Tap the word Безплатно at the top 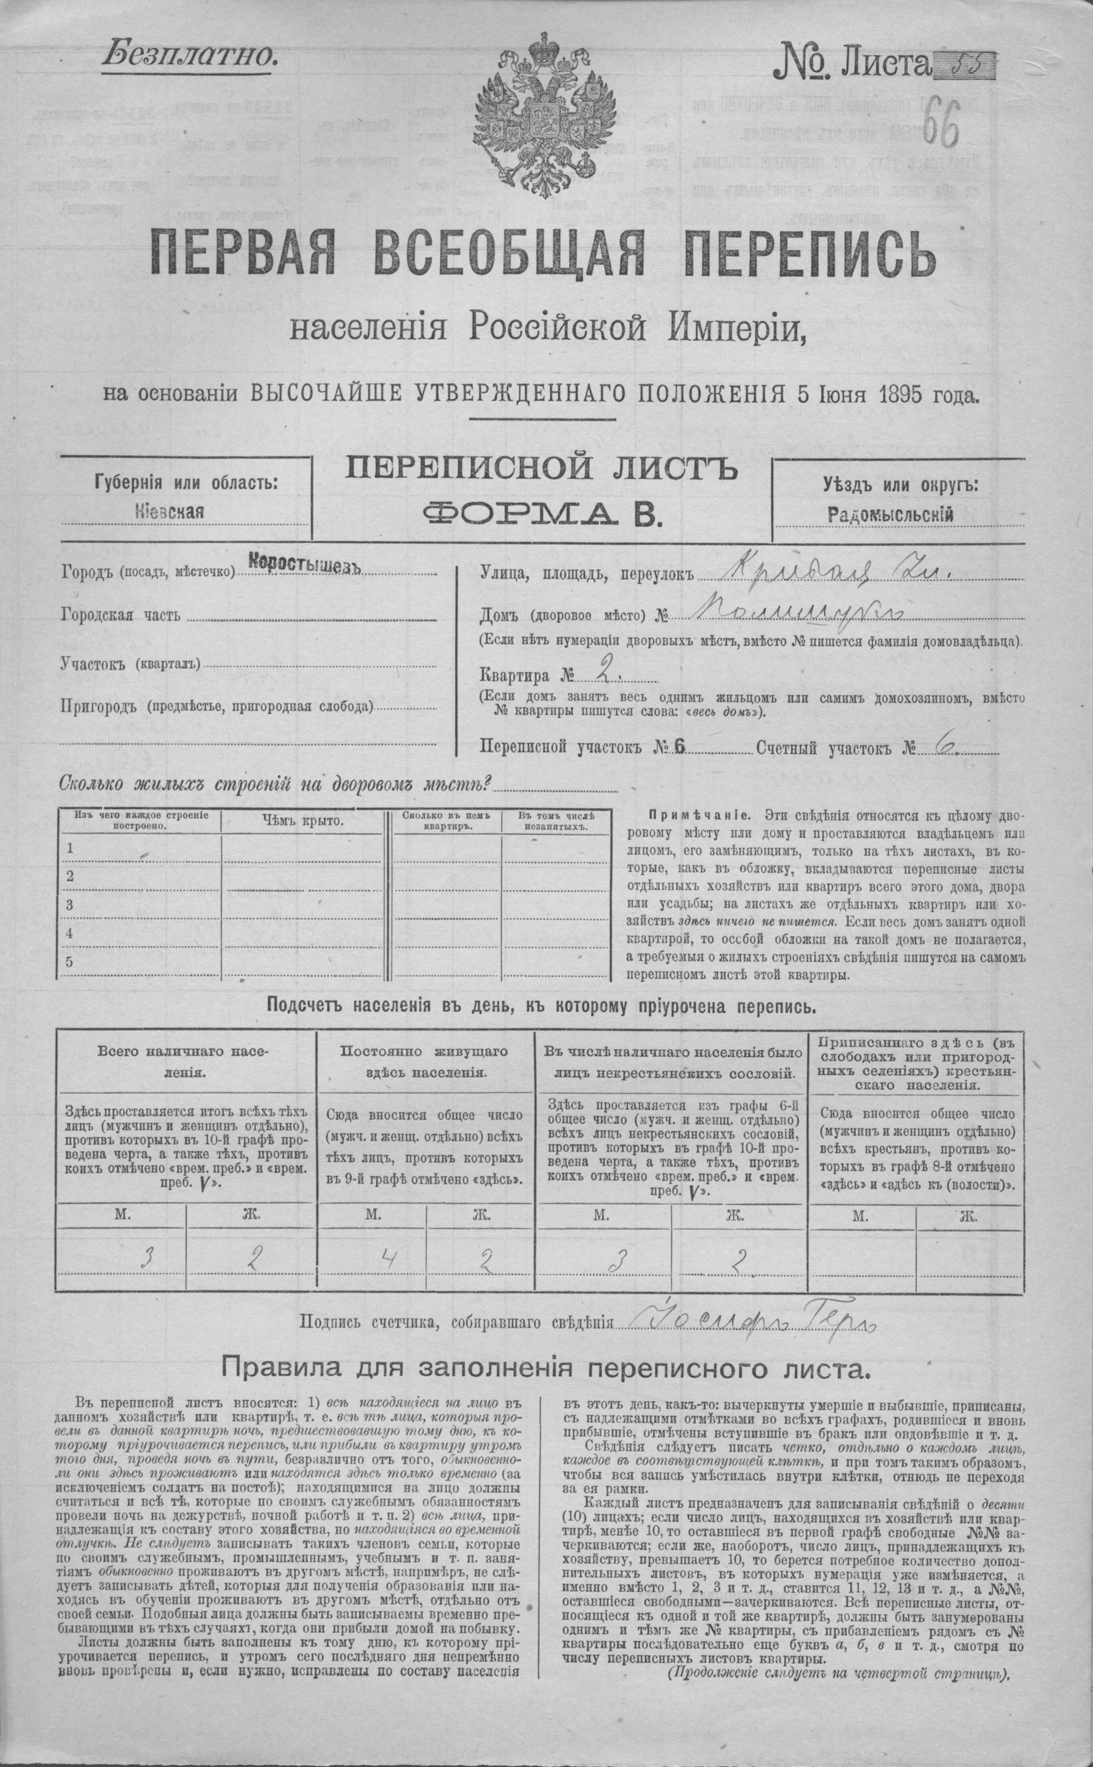point(189,54)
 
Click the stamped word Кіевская point(170,512)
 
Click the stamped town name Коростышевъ point(305,565)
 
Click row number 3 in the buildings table point(71,905)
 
